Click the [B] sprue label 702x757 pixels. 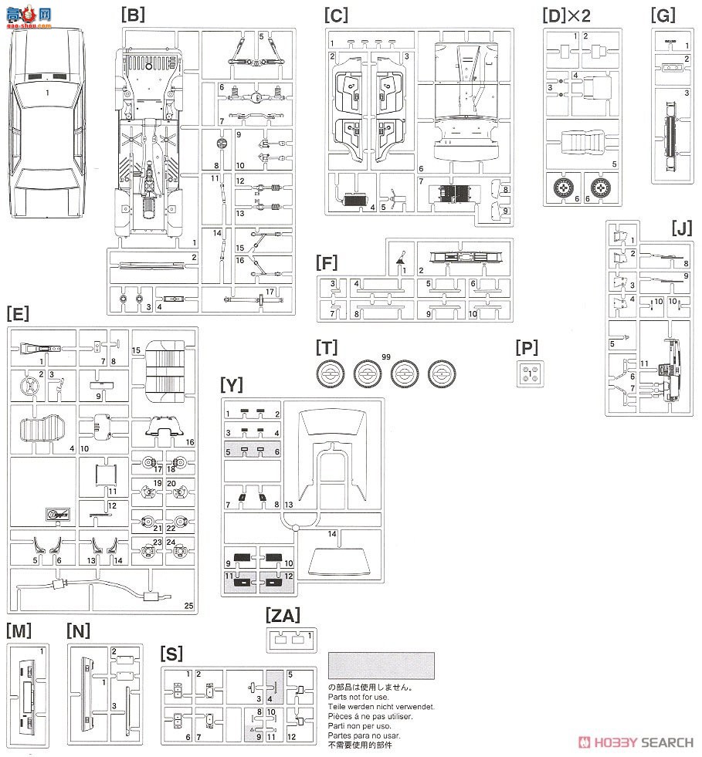coord(132,13)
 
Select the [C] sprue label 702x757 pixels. coord(336,13)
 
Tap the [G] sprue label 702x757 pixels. coord(663,13)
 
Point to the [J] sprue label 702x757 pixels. coord(682,228)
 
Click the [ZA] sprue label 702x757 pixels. coord(282,615)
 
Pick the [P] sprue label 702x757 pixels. coord(530,348)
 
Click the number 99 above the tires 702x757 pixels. coord(385,357)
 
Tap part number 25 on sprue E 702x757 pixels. coord(189,605)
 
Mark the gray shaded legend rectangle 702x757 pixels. coord(381,665)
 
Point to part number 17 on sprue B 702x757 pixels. coord(270,291)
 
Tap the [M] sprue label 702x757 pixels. coord(19,630)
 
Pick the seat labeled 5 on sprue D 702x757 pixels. coord(583,146)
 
